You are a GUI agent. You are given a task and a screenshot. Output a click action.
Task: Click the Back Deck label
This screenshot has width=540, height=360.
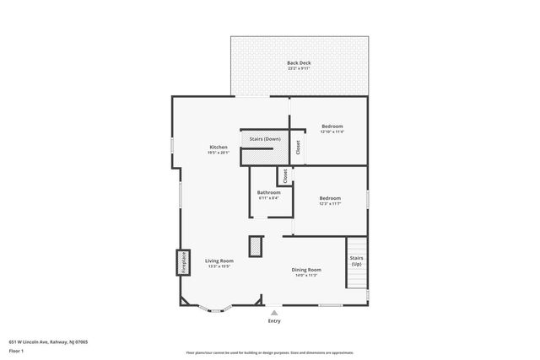pyautogui.click(x=299, y=63)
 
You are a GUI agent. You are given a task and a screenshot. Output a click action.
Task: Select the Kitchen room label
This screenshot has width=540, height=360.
pyautogui.click(x=219, y=148)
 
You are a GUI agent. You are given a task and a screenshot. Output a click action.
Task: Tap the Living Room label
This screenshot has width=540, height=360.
pyautogui.click(x=219, y=261)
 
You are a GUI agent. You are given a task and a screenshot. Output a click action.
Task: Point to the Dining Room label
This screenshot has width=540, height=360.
pyautogui.click(x=306, y=270)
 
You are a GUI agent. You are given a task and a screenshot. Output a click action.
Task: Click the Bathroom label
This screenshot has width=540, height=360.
pyautogui.click(x=269, y=193)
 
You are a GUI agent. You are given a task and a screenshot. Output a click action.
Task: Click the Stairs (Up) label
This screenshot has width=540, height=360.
pyautogui.click(x=356, y=261)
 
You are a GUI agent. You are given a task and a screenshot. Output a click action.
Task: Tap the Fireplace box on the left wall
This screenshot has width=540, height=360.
pyautogui.click(x=181, y=262)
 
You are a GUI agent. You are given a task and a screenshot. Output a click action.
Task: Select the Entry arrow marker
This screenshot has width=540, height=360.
pyautogui.click(x=273, y=312)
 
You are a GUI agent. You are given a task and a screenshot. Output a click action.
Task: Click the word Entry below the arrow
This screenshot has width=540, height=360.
pyautogui.click(x=274, y=321)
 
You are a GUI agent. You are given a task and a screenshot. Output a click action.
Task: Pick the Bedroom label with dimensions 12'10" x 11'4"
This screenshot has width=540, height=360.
pyautogui.click(x=332, y=126)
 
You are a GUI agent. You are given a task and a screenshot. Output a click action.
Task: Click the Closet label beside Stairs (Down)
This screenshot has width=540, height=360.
pyautogui.click(x=298, y=147)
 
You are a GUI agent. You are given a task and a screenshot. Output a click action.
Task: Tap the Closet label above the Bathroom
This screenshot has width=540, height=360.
pyautogui.click(x=285, y=175)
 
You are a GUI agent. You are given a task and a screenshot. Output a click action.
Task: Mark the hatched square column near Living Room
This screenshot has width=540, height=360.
pyautogui.click(x=256, y=245)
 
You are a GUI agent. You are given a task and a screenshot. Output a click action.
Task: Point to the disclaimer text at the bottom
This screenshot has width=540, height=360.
pyautogui.click(x=269, y=352)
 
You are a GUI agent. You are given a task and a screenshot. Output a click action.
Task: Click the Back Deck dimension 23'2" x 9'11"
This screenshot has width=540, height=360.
pyautogui.click(x=299, y=69)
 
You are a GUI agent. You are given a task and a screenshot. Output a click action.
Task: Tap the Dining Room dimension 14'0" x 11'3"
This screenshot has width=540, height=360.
pyautogui.click(x=306, y=275)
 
